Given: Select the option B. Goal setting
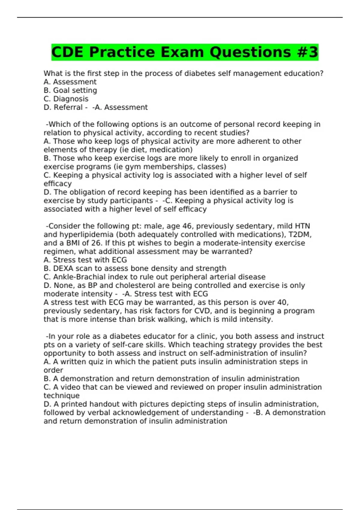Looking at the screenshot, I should click(70, 90).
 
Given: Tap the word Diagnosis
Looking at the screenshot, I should click(71, 99).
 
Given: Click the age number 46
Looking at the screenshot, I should click(187, 226).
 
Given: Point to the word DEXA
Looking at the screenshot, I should click(63, 268).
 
